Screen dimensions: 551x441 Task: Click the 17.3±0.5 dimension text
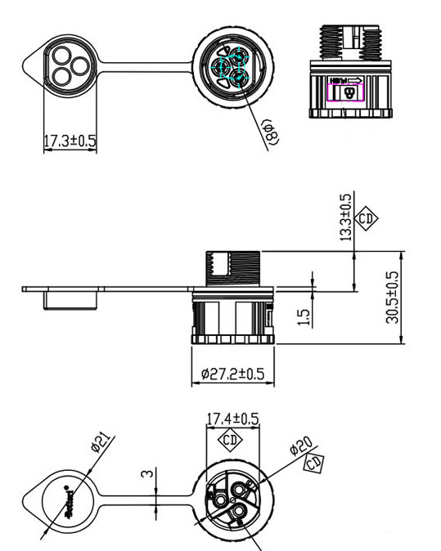[70, 141]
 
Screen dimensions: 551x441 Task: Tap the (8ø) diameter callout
[271, 131]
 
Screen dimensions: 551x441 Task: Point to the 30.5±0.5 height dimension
[393, 298]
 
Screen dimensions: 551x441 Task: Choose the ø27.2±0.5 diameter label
[232, 374]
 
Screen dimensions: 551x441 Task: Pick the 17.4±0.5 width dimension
[232, 419]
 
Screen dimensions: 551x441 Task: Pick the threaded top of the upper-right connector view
[351, 38]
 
